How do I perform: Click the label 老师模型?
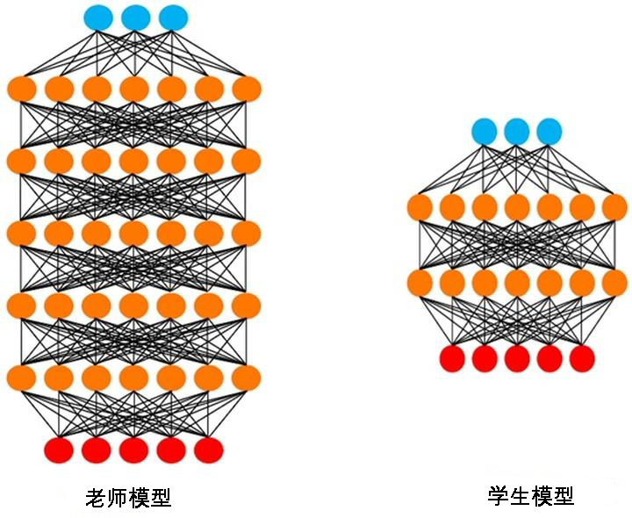[127, 498]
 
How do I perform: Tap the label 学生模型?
[530, 496]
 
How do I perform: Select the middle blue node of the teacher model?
[135, 16]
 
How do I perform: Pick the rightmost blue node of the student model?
[549, 132]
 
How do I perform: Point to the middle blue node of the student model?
[517, 132]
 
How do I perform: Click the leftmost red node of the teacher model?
[59, 450]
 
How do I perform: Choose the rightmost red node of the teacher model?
[209, 450]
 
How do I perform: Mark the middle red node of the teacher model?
[133, 450]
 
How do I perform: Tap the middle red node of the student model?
[517, 358]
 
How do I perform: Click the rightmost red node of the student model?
[581, 358]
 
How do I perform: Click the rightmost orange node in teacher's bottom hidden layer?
[248, 378]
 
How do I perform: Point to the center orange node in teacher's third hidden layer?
[133, 233]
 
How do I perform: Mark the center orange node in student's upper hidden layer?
[517, 208]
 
